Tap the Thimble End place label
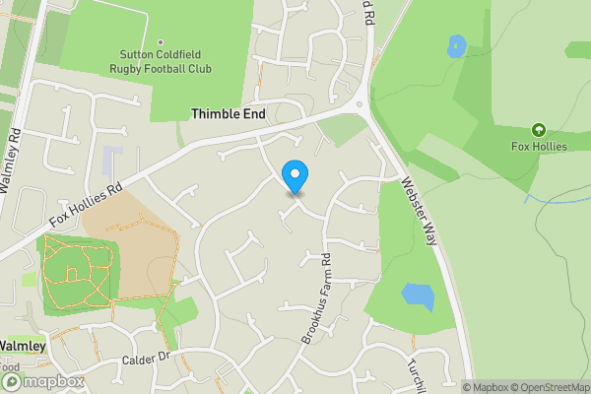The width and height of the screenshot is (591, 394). [229, 114]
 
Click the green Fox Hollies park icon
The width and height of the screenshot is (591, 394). [538, 130]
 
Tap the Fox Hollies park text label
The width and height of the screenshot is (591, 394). [538, 148]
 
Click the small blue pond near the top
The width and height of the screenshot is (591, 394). [456, 45]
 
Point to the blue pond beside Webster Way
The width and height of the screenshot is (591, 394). [418, 295]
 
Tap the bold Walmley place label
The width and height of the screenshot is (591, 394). [22, 346]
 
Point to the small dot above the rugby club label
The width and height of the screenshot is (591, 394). [160, 41]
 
